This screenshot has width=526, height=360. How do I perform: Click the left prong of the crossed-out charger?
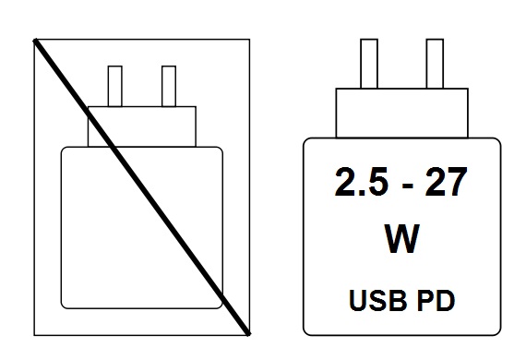(x=116, y=86)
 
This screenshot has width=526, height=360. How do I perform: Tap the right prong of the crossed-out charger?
(x=168, y=86)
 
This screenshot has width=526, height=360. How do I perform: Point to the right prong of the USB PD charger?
(x=435, y=64)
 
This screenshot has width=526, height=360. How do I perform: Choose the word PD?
(x=437, y=301)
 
